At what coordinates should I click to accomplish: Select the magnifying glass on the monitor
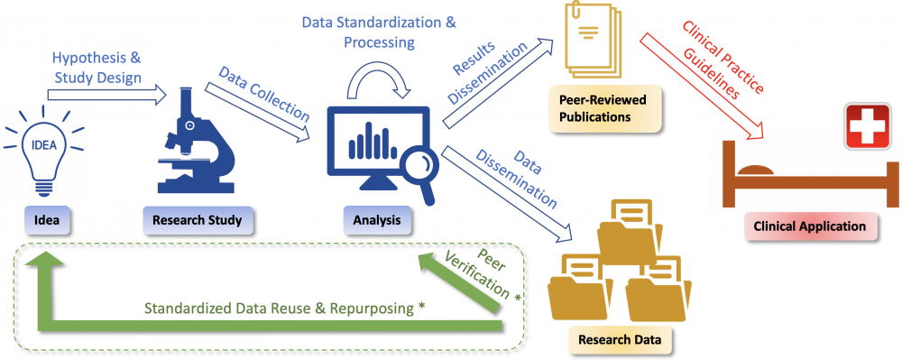coord(416,172)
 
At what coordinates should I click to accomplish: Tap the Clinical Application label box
coord(811,226)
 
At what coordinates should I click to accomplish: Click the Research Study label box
coord(198,217)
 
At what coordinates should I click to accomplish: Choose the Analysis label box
coord(372,217)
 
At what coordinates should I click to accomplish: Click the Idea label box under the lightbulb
coord(46,217)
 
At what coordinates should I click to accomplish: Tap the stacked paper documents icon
coord(586,41)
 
